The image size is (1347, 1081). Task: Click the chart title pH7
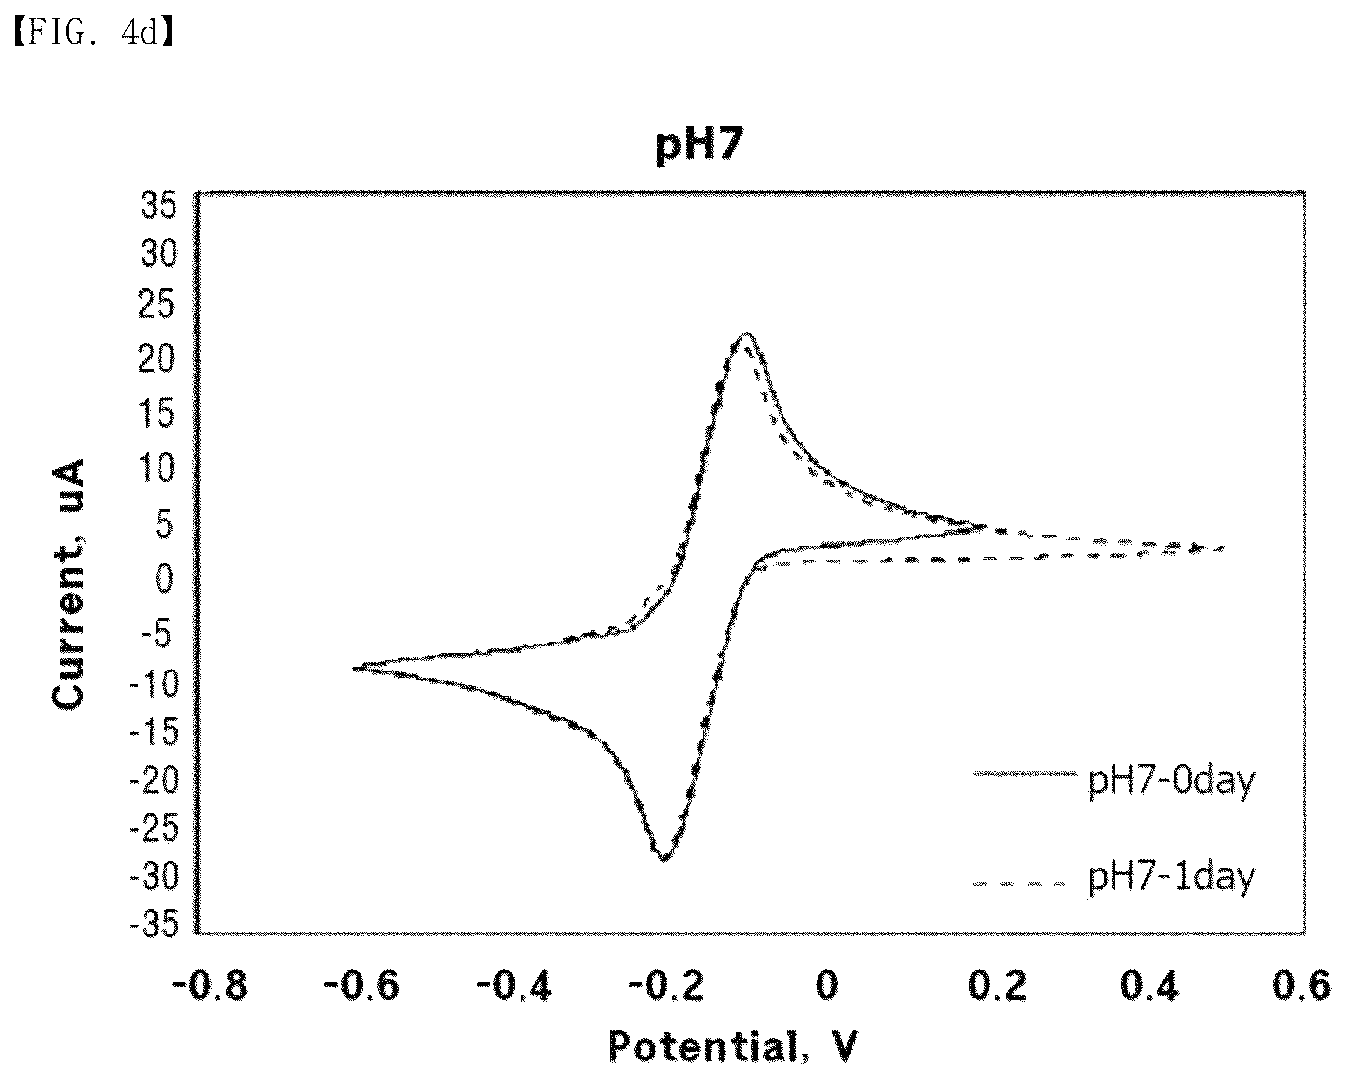click(697, 146)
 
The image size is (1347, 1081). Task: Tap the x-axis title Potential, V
click(733, 1046)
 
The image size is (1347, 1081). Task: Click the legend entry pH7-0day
click(1171, 782)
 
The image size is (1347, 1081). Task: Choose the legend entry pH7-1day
click(1171, 877)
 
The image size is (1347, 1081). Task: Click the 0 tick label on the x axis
click(827, 986)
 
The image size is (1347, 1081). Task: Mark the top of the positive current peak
click(746, 334)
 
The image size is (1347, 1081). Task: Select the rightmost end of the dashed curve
click(1224, 548)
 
